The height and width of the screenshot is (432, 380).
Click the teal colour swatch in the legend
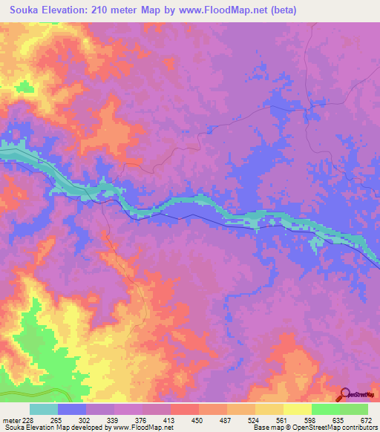pyautogui.click(x=44, y=409)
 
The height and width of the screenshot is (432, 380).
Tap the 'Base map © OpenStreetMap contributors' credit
pyautogui.click(x=313, y=428)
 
